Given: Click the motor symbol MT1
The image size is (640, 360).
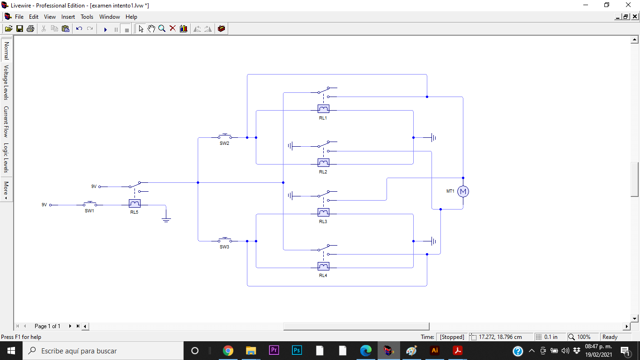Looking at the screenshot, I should (x=463, y=191).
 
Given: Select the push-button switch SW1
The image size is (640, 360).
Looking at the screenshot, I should (x=89, y=204).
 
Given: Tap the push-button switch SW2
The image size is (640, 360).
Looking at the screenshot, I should (x=224, y=137).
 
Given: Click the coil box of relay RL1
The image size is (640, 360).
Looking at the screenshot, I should (x=323, y=109).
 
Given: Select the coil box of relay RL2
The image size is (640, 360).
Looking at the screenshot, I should (x=323, y=163).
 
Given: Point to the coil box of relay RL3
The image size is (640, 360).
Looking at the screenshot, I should (x=323, y=212).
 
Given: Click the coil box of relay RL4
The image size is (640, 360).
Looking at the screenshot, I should (x=323, y=266).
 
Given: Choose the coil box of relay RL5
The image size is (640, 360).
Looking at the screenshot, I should (x=134, y=203).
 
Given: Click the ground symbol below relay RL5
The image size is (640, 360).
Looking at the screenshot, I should (x=166, y=219).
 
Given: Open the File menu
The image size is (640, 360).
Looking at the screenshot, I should (x=19, y=17).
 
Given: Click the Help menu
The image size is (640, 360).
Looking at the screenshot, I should (x=131, y=17).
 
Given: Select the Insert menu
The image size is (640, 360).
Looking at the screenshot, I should (x=68, y=17).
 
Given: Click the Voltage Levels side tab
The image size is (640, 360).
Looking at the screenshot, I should (x=7, y=82).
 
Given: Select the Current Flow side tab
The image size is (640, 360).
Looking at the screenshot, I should (x=7, y=121).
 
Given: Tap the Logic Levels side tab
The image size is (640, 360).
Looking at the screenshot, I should (x=7, y=158).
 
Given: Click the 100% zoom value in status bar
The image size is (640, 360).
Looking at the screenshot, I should (x=584, y=337).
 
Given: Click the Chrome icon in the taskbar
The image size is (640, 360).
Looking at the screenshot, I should (x=228, y=351).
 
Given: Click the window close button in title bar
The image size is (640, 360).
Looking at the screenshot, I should (x=628, y=5).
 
